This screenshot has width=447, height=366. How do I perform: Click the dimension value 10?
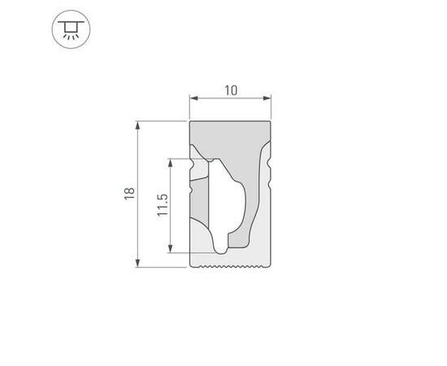click(x=231, y=90)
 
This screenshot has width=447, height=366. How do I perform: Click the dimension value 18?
click(x=128, y=194)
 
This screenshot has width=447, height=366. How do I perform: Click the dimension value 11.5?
click(x=163, y=205)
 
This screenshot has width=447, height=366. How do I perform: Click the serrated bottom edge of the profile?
click(x=231, y=266)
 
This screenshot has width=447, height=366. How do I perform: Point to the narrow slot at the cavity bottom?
click(x=220, y=244)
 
